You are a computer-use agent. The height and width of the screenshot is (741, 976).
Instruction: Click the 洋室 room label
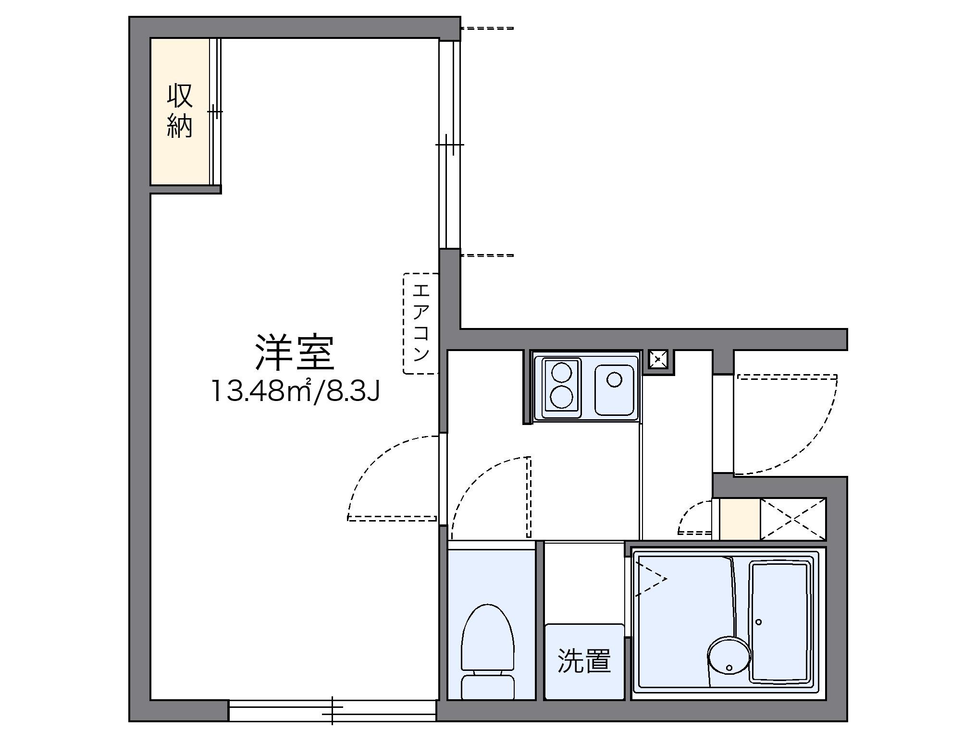[x=294, y=352]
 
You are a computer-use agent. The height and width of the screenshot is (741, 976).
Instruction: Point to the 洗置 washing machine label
[x=584, y=661]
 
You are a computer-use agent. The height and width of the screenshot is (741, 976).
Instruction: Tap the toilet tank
[x=487, y=686]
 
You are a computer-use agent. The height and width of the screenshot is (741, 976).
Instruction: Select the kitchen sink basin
[x=614, y=389]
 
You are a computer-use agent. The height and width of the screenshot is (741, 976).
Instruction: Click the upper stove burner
[x=561, y=373]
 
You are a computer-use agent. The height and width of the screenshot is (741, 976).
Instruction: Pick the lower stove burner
[x=561, y=397]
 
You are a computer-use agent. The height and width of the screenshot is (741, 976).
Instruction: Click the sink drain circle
[x=614, y=380]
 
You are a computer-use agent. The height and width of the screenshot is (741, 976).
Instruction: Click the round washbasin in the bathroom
[x=729, y=656]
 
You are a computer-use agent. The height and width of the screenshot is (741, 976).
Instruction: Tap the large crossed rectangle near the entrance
[x=793, y=519]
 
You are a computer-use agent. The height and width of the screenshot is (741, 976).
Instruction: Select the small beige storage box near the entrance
[x=739, y=519]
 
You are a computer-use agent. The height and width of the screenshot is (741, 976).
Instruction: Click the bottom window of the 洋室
[x=332, y=710]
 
